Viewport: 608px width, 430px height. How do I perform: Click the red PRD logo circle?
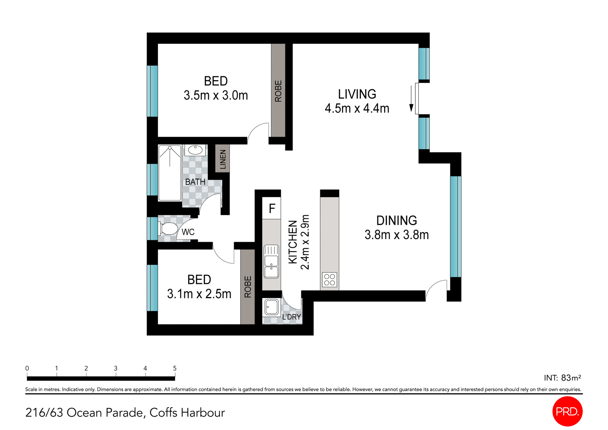click(x=567, y=411)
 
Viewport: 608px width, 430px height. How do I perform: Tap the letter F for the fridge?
click(x=272, y=208)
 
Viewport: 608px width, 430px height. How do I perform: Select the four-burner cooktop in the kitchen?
click(x=329, y=280)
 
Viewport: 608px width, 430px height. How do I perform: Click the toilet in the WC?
click(x=168, y=229)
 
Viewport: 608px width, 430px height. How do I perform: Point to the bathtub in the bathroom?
click(x=169, y=173)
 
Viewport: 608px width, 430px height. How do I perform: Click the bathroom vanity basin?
click(x=195, y=150)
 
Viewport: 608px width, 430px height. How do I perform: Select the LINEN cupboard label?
click(x=223, y=159)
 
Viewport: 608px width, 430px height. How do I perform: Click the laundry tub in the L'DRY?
click(x=271, y=307)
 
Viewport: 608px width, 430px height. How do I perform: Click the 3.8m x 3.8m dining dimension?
click(x=396, y=235)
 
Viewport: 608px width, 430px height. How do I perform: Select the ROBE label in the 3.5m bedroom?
click(x=278, y=91)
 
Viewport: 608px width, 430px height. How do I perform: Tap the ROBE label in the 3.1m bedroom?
click(x=248, y=287)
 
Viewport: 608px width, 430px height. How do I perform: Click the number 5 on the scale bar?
click(x=175, y=368)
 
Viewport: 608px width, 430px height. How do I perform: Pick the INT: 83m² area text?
click(x=562, y=378)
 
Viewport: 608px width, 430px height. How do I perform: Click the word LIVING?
click(x=357, y=94)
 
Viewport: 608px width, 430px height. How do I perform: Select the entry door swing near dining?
click(x=436, y=290)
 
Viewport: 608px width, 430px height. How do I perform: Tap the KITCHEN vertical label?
click(x=293, y=242)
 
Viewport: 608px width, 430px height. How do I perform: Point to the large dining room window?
click(x=456, y=226)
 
